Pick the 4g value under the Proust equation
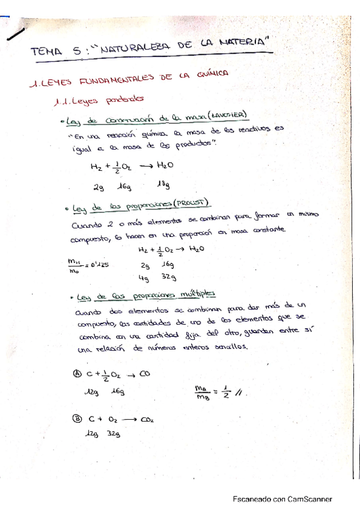click(144, 278)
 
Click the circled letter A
click(76, 373)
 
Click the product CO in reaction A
click(144, 373)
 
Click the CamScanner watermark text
click(282, 499)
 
